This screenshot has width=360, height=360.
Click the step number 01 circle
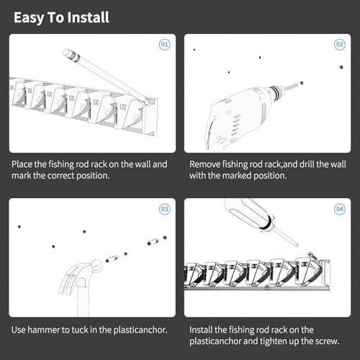click(x=165, y=45)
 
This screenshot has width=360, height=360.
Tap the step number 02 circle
click(x=340, y=45)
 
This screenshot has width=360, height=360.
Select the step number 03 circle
click(x=165, y=209)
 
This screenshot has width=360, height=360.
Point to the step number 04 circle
click(x=340, y=209)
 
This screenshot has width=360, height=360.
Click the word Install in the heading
click(x=88, y=17)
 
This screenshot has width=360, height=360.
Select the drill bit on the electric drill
click(x=292, y=87)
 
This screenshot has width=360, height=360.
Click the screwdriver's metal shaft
click(x=286, y=237)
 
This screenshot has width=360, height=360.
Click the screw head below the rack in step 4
click(x=267, y=287)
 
